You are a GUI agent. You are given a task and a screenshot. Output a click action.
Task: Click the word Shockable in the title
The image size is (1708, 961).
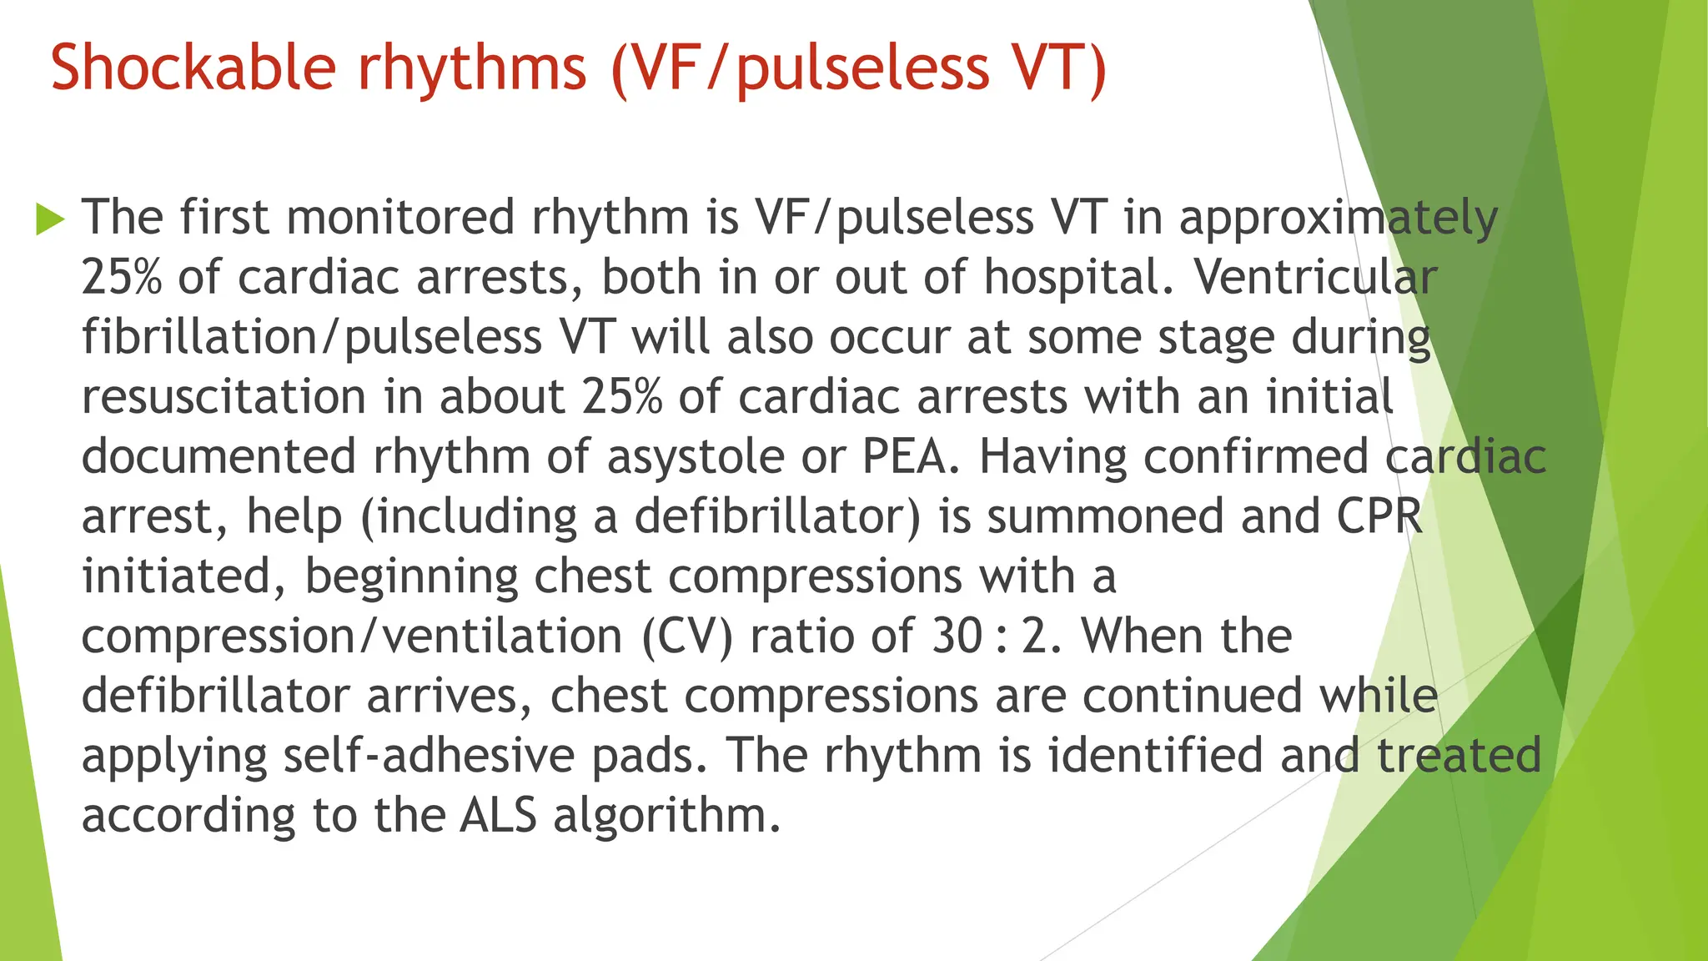tap(193, 67)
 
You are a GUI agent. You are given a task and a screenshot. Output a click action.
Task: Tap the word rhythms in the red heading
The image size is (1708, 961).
tap(472, 67)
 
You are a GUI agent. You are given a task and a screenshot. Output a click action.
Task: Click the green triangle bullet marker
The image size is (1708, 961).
tap(50, 219)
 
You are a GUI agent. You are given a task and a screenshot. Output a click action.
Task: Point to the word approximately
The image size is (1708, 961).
tap(1338, 219)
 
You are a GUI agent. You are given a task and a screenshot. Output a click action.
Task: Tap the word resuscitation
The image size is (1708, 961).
tap(224, 396)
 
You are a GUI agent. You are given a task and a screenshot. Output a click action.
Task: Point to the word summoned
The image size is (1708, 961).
tap(1106, 516)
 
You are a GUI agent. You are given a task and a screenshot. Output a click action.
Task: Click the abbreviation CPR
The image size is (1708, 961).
tap(1379, 516)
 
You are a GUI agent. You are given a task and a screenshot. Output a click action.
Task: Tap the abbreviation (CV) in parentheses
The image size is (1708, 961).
tap(687, 636)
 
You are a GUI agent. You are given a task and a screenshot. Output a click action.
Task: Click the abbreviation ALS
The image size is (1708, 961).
tap(498, 815)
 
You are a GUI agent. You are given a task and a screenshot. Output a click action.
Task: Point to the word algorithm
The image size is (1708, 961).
tap(666, 815)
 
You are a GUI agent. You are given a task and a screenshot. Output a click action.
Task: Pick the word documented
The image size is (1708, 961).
tap(219, 456)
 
